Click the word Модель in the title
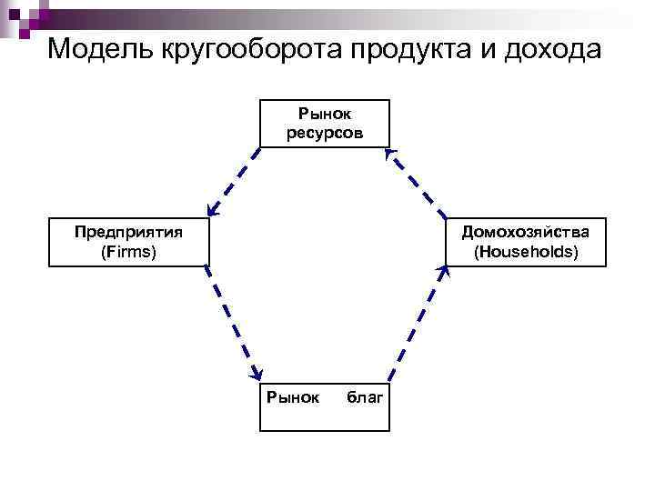pyautogui.click(x=99, y=48)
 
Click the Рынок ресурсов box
pyautogui.click(x=325, y=123)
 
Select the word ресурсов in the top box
pyautogui.click(x=325, y=133)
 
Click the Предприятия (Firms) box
pyautogui.click(x=128, y=241)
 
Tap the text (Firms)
pyautogui.click(x=128, y=251)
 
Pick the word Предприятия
pyautogui.click(x=128, y=231)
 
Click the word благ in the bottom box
pyautogui.click(x=366, y=397)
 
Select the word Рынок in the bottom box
pyautogui.click(x=291, y=397)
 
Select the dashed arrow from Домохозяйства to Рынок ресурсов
pyautogui.click(x=419, y=186)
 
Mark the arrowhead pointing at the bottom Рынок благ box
pyautogui.click(x=257, y=372)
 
